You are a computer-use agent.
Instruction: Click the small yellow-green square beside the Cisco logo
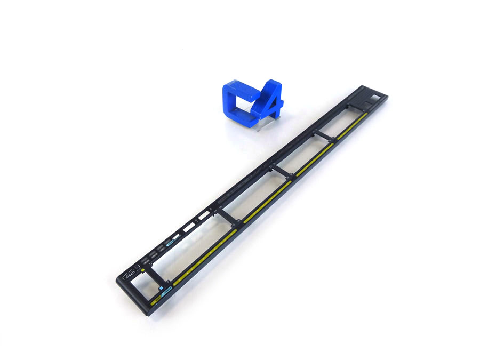pyautogui.click(x=142, y=270)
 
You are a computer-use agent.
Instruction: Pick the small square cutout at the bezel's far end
pyautogui.click(x=377, y=97)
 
